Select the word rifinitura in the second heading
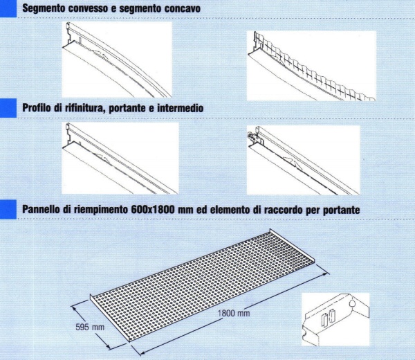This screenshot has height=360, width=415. [x=85, y=108]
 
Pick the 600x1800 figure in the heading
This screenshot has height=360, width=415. [x=153, y=210]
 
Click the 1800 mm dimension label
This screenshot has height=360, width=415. [x=234, y=314]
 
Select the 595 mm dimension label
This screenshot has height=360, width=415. [x=90, y=327]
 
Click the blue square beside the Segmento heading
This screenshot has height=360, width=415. [x=8, y=8]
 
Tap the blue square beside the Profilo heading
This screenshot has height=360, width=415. [x=8, y=108]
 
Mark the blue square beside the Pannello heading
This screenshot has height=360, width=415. [x=8, y=210]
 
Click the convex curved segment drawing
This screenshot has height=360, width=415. [x=117, y=60]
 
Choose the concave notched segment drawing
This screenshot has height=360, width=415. [x=311, y=66]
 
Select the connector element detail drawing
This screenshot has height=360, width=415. [x=335, y=319]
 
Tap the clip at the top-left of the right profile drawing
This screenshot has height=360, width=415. [x=252, y=136]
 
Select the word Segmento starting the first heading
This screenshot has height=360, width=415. [x=44, y=8]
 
